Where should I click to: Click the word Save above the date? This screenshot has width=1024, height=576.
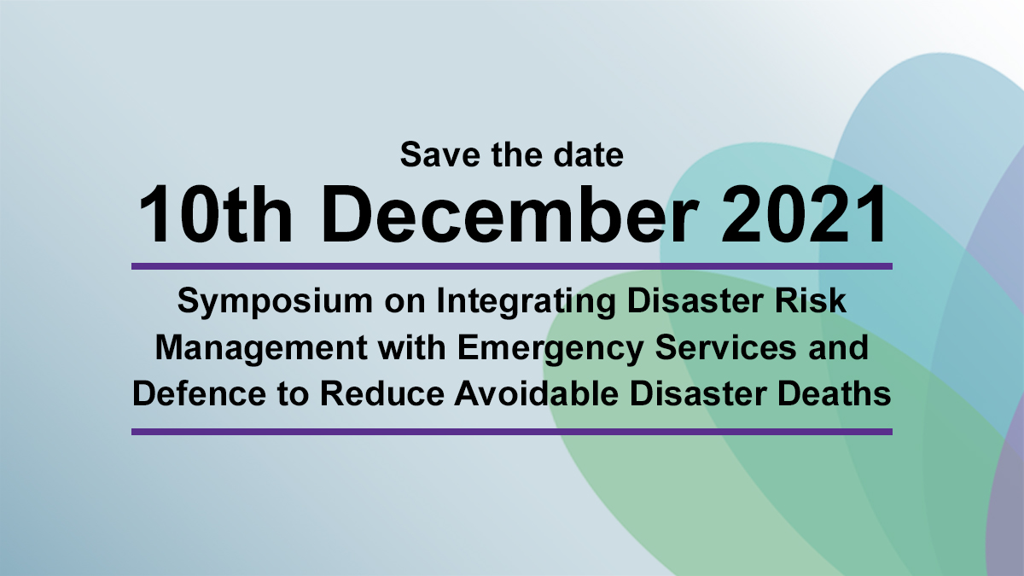[x=440, y=154]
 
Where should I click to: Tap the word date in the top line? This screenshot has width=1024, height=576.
[x=588, y=154]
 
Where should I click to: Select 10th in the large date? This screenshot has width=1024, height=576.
[x=215, y=214]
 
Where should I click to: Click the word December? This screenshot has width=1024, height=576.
[x=509, y=214]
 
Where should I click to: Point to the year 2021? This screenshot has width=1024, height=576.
[x=804, y=214]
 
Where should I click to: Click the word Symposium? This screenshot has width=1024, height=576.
[x=275, y=302]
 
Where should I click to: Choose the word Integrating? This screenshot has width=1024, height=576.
[x=527, y=302]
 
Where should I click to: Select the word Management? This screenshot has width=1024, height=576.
[x=262, y=348]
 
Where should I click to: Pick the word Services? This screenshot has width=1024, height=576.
[x=726, y=347]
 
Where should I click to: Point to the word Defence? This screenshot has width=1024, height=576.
[x=200, y=393]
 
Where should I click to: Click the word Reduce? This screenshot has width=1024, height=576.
[x=382, y=393]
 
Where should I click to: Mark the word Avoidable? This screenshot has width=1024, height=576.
[x=536, y=393]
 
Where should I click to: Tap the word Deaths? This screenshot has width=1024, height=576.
[x=835, y=393]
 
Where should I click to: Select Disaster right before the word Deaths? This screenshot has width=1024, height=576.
[x=698, y=393]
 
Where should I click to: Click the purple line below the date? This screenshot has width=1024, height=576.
[x=512, y=266]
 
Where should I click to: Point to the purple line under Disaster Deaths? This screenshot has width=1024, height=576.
[x=512, y=432]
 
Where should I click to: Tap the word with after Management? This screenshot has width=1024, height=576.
[x=412, y=347]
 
